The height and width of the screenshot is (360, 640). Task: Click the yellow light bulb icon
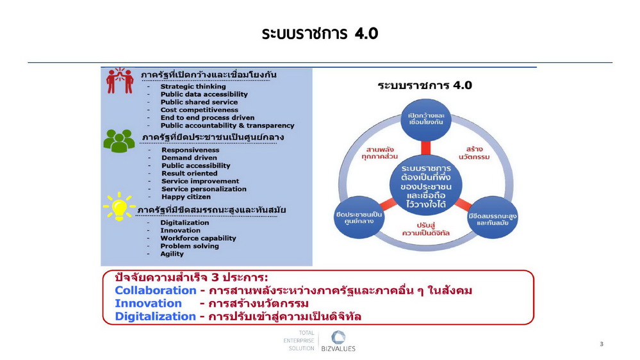click(119, 206)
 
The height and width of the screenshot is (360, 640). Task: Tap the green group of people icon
click(119, 141)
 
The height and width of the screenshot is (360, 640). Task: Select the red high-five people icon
click(120, 81)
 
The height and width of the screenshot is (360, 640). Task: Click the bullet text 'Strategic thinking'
click(193, 86)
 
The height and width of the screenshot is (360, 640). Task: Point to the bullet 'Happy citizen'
click(186, 197)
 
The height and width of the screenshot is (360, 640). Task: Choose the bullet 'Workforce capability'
click(198, 238)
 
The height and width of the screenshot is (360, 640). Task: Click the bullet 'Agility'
click(172, 254)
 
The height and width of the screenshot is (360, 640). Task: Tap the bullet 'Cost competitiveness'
click(199, 110)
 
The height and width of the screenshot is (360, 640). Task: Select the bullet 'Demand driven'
click(190, 158)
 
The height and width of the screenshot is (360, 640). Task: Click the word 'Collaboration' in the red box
click(156, 290)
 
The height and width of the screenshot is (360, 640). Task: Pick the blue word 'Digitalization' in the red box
click(156, 316)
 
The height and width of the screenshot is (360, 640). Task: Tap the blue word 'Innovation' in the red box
click(148, 303)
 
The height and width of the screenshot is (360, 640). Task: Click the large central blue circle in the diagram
click(426, 186)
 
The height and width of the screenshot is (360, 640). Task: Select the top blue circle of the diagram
click(426, 120)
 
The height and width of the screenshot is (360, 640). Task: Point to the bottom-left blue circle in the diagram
click(359, 218)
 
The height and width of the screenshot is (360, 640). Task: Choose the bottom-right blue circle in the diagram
click(493, 218)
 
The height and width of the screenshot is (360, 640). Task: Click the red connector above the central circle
click(426, 148)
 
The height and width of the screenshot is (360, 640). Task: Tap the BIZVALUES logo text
click(338, 348)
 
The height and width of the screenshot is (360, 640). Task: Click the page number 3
click(601, 344)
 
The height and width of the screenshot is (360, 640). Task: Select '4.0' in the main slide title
click(366, 33)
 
